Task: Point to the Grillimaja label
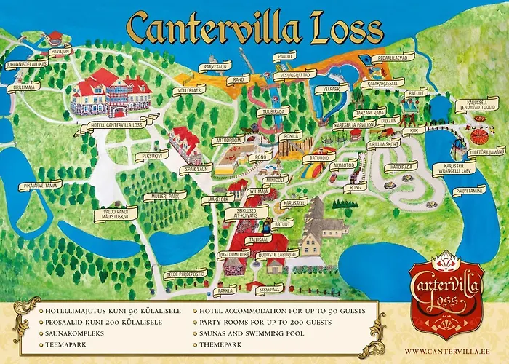click(27, 87)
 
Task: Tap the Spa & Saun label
click(196, 170)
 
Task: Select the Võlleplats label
click(190, 90)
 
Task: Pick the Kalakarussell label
click(385, 84)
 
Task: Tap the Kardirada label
click(402, 166)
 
